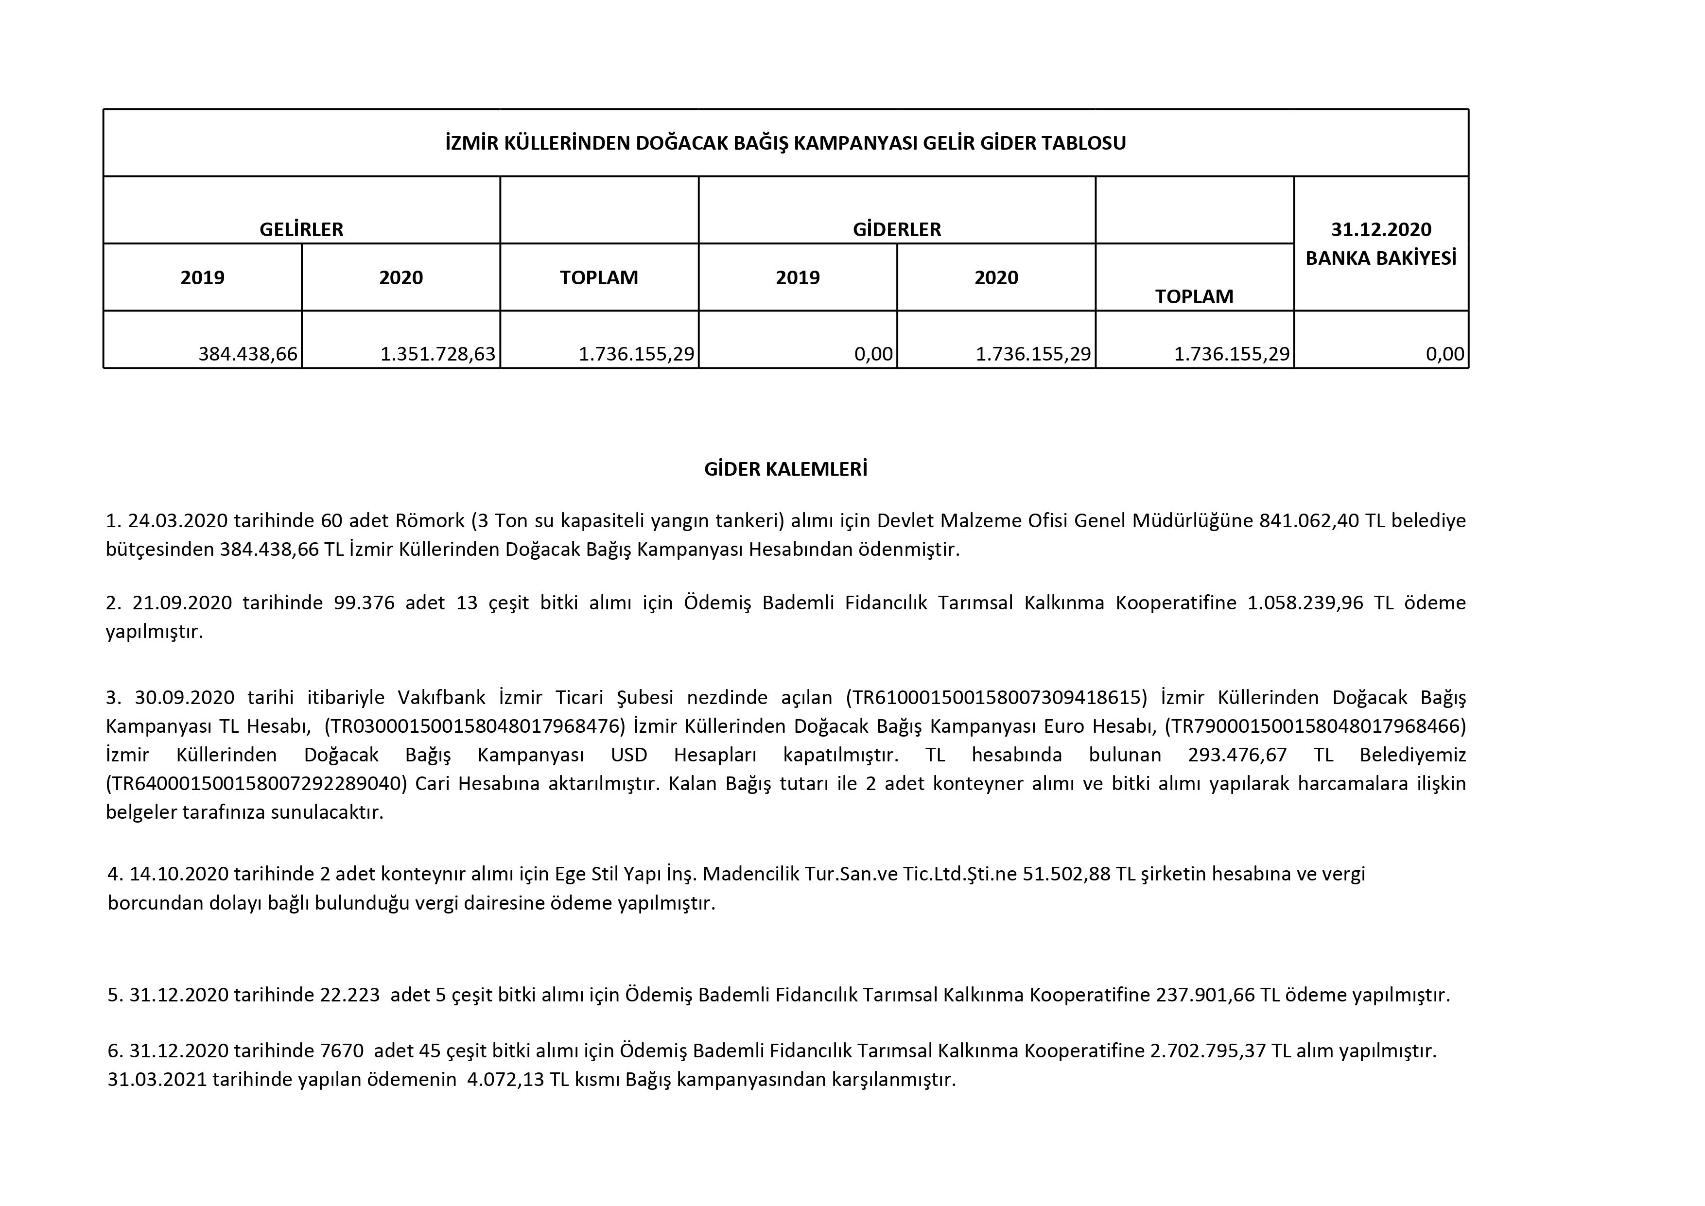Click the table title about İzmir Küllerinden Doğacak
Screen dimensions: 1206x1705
[785, 142]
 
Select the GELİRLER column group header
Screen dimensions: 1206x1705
[301, 229]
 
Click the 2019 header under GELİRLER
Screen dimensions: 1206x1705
[202, 278]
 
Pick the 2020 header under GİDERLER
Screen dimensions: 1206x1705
[996, 278]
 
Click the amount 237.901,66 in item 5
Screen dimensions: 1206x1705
[1204, 994]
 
